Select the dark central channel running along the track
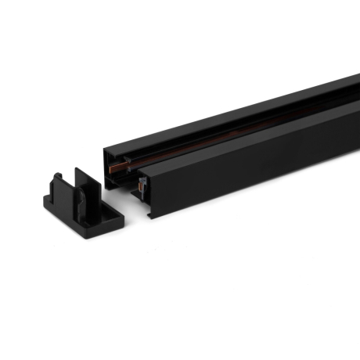235,125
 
